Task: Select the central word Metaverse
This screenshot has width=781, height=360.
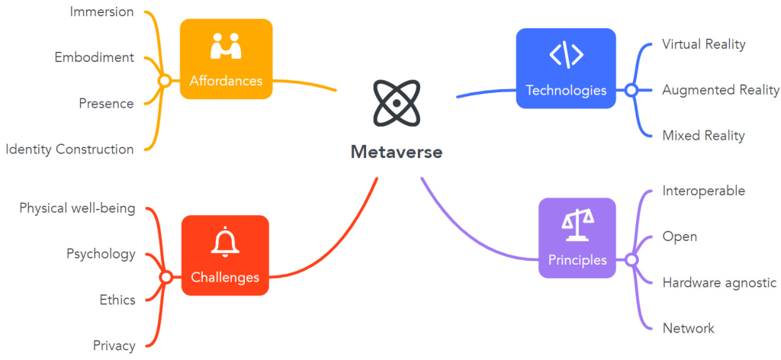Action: point(397,152)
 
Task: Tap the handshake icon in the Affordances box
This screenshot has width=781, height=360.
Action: point(226,47)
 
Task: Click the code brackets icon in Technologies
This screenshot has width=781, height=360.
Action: point(566,55)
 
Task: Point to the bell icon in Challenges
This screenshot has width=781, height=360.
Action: point(225,243)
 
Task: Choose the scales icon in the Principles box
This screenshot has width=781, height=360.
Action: point(577,221)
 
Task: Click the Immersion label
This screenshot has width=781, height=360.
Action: point(101,11)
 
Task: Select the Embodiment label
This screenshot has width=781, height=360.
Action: point(95,57)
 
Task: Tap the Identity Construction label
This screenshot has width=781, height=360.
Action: point(69,149)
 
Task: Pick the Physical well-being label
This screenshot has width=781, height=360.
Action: point(77,208)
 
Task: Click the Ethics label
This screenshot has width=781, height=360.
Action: point(117,300)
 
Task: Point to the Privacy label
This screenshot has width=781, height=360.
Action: point(114,346)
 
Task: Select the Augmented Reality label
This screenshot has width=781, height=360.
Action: point(721,90)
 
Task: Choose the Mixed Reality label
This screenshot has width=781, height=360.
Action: point(703,136)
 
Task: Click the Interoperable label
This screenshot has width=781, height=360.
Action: point(703,191)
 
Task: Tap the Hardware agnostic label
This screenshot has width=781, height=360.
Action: point(719,282)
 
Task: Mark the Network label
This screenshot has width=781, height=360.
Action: point(688,328)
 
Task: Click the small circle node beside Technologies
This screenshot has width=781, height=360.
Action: point(631,90)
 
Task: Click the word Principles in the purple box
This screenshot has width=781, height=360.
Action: point(577,260)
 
